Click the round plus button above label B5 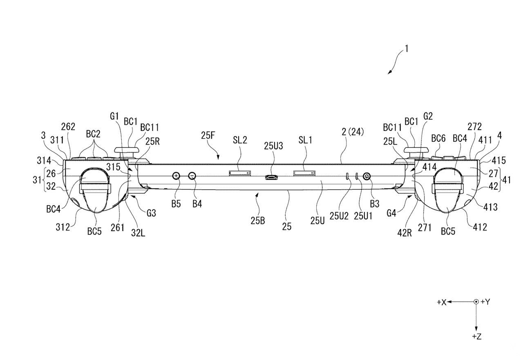point(176,176)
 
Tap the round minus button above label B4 point(192,176)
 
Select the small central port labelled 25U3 point(271,177)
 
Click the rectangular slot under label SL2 point(240,173)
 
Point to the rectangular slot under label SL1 point(305,173)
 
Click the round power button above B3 point(367,176)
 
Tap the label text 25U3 point(273,146)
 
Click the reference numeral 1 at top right point(407,49)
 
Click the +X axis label point(442,302)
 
